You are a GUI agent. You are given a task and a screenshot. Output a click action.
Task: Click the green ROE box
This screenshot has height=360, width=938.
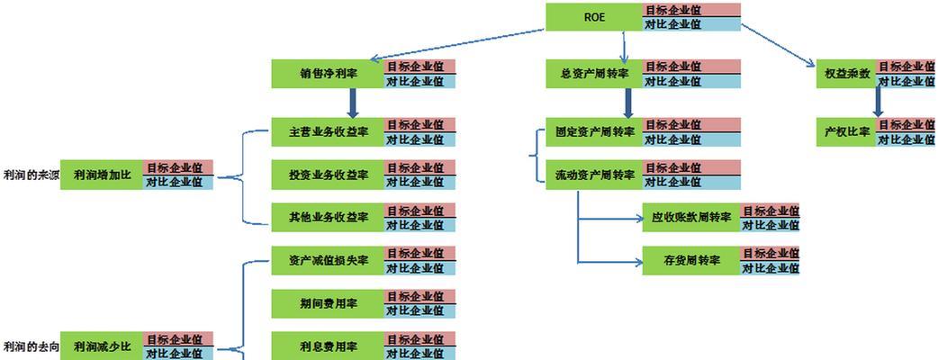point(594,17)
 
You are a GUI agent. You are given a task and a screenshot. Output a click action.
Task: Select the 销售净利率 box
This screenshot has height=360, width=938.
point(328,74)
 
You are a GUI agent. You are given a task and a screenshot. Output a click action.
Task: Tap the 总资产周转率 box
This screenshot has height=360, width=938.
point(594,74)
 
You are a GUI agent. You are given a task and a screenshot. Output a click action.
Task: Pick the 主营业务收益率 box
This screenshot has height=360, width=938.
point(328,131)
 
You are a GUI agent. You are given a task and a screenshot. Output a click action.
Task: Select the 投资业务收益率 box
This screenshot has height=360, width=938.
point(328,175)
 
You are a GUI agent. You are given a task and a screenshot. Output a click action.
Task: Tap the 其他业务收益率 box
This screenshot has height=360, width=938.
point(328,218)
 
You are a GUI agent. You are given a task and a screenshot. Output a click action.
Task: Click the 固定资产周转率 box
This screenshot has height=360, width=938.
point(594,131)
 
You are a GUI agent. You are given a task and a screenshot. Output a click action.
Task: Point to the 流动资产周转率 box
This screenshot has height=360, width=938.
point(594,175)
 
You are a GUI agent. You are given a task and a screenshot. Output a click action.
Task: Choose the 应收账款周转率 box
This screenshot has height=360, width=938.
point(690,218)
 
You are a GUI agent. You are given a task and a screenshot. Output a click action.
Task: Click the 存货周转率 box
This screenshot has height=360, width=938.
point(690,261)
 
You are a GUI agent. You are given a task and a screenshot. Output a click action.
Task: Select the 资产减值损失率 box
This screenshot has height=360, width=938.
point(328,261)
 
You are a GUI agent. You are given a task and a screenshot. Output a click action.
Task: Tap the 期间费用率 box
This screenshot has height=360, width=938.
point(328,304)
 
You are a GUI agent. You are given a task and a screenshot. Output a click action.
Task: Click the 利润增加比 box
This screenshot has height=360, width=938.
point(102,175)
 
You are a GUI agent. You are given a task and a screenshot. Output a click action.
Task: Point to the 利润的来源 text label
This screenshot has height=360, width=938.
point(30,175)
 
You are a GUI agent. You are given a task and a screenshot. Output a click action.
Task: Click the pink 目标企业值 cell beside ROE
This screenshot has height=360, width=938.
point(691,10)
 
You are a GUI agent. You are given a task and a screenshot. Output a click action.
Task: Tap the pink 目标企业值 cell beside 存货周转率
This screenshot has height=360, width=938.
point(770,254)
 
